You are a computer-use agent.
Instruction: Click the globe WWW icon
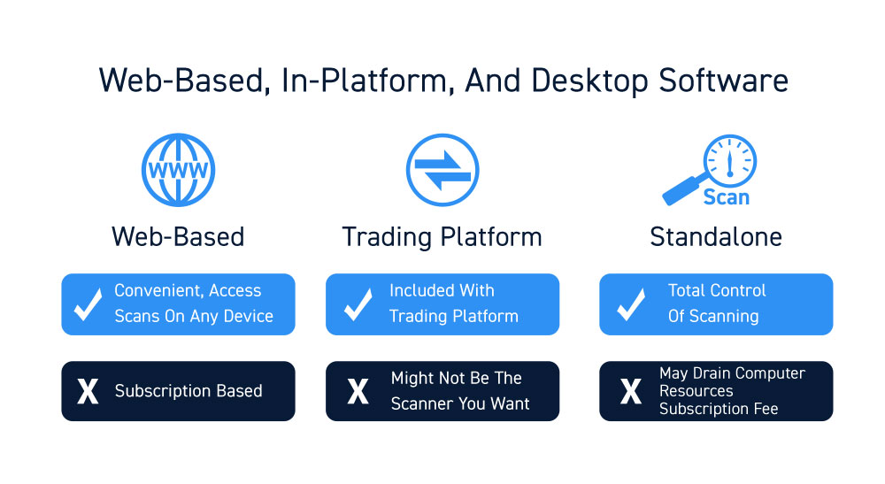point(178,170)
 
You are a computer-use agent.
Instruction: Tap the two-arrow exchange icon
point(442,170)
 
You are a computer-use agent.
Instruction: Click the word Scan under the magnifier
point(727,197)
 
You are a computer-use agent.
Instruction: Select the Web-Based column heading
point(178,237)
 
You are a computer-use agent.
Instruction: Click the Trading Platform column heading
point(442,237)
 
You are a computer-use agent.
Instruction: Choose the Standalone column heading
point(716,237)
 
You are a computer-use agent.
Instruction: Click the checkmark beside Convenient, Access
point(88,304)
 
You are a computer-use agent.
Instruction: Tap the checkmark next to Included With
point(358,304)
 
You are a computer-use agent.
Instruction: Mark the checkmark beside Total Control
point(631,304)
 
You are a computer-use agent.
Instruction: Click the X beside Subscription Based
point(88,391)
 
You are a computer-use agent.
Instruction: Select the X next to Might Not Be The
point(358,391)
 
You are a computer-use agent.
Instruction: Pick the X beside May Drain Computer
point(630,391)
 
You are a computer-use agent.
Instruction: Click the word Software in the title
point(724,81)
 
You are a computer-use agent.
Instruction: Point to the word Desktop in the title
point(589,81)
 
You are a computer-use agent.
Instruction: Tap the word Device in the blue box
point(249,316)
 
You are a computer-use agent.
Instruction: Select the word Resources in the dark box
point(696,391)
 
